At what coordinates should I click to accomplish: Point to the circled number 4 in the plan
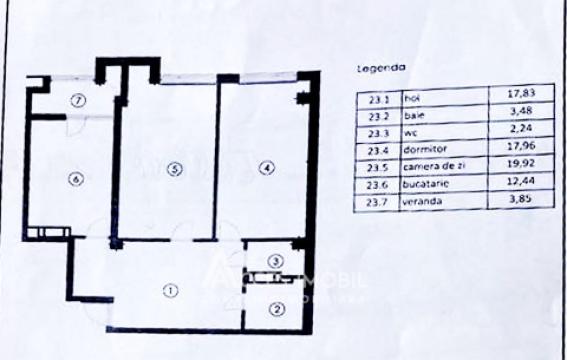[265, 169]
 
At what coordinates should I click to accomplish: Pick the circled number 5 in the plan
[174, 170]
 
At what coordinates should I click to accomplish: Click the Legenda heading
[381, 69]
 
